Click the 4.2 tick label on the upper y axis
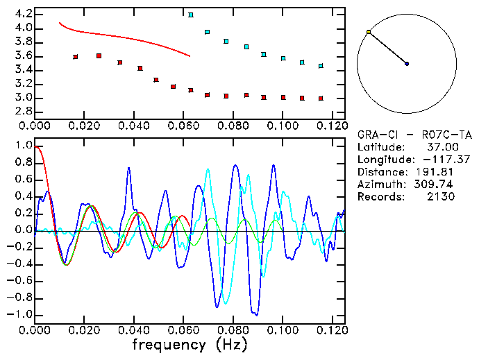[x=23, y=14]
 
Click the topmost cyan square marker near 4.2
[x=191, y=15]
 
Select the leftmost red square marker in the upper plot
[x=76, y=57]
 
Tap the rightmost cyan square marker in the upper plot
[x=321, y=66]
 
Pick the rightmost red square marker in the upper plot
[x=321, y=98]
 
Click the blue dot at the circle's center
[x=407, y=64]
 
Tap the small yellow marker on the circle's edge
[x=369, y=32]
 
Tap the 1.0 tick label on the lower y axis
[x=23, y=146]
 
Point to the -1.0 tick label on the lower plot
[x=20, y=314]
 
